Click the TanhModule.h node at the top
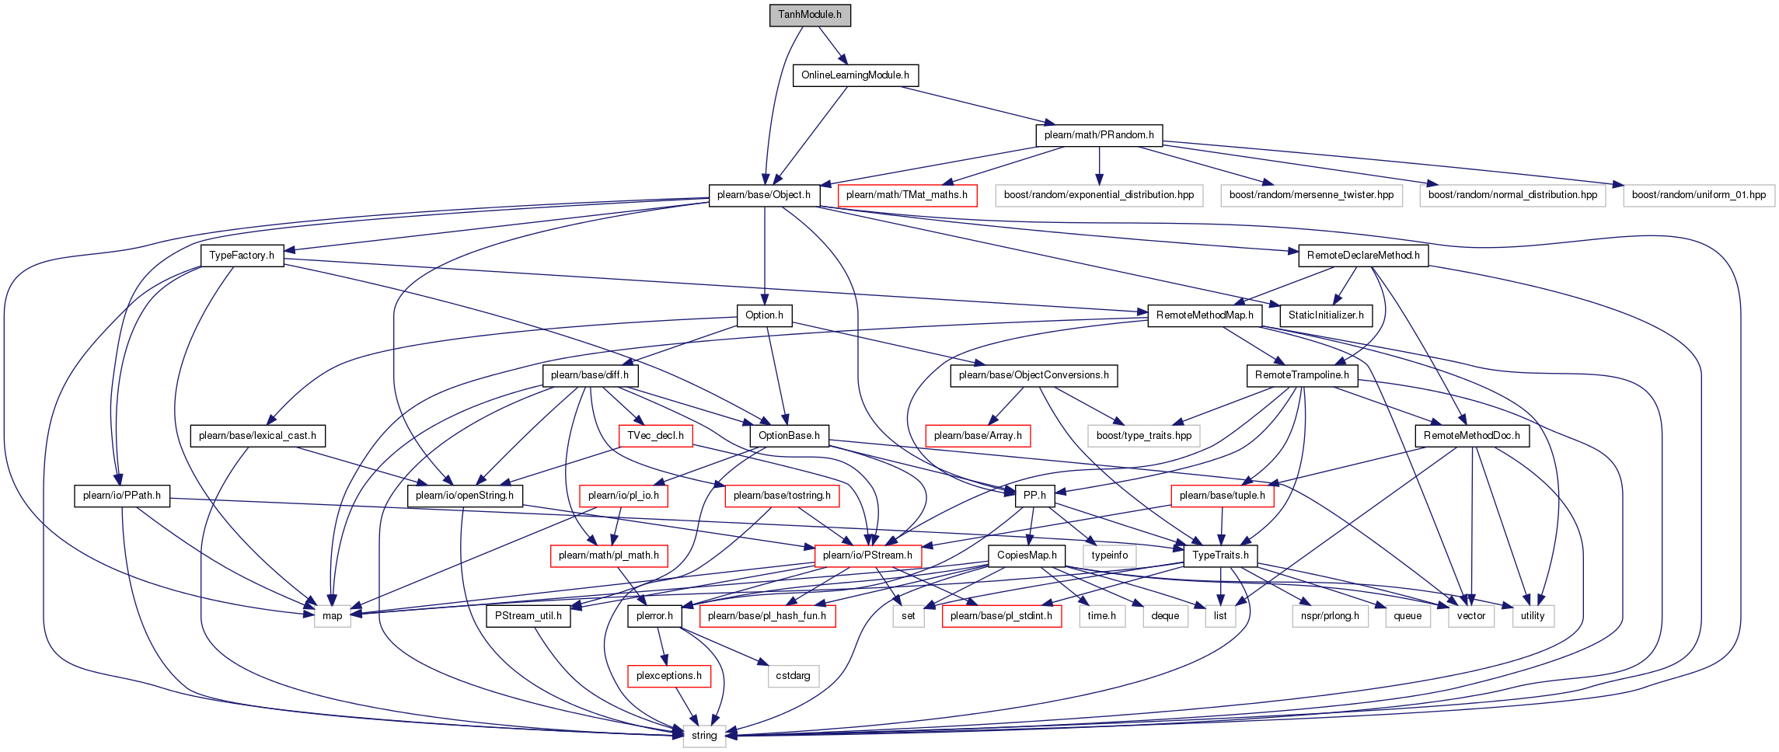[810, 15]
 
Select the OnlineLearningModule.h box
[855, 75]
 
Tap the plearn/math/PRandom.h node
[1099, 135]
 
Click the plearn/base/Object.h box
[764, 195]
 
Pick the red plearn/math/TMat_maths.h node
[907, 195]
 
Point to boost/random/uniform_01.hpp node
[1699, 195]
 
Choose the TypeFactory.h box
[242, 256]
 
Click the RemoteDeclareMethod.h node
[1363, 256]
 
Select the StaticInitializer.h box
[1326, 315]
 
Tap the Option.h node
[764, 315]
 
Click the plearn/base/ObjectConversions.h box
[1034, 375]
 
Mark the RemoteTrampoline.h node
[1302, 375]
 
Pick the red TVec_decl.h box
[655, 436]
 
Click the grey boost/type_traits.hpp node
[1144, 436]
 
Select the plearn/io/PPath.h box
[122, 496]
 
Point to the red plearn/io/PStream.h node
[867, 555]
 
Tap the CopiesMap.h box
[1027, 555]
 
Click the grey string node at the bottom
[704, 736]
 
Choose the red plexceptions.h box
[668, 676]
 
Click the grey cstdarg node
[793, 676]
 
